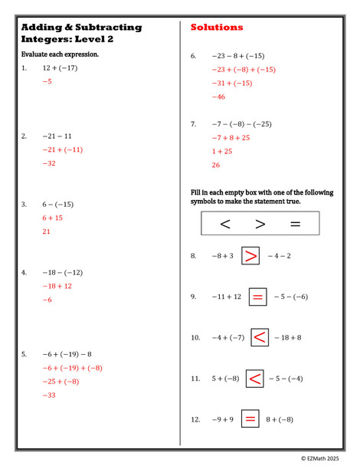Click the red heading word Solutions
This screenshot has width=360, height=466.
coord(217,28)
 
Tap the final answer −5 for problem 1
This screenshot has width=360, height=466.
coord(47,81)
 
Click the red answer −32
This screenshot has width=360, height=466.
coord(49,163)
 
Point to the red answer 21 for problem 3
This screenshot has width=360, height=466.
coord(47,231)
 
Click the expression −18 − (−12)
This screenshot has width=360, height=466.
coord(63,272)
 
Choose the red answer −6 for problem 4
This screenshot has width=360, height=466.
coord(47,300)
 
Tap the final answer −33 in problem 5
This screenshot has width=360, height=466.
coord(49,395)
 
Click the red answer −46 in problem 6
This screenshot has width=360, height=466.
coord(218,97)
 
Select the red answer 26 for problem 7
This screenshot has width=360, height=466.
coord(216,166)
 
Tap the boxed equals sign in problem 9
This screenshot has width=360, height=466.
coord(258,297)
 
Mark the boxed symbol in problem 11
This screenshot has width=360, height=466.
coord(255,378)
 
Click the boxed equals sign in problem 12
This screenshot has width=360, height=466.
coord(250,419)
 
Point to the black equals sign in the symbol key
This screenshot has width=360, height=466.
coord(295,224)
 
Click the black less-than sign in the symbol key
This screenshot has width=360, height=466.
coord(225,224)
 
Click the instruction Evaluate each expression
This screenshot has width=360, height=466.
coord(60,54)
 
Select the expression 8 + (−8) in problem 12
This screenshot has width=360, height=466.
coord(280,419)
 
